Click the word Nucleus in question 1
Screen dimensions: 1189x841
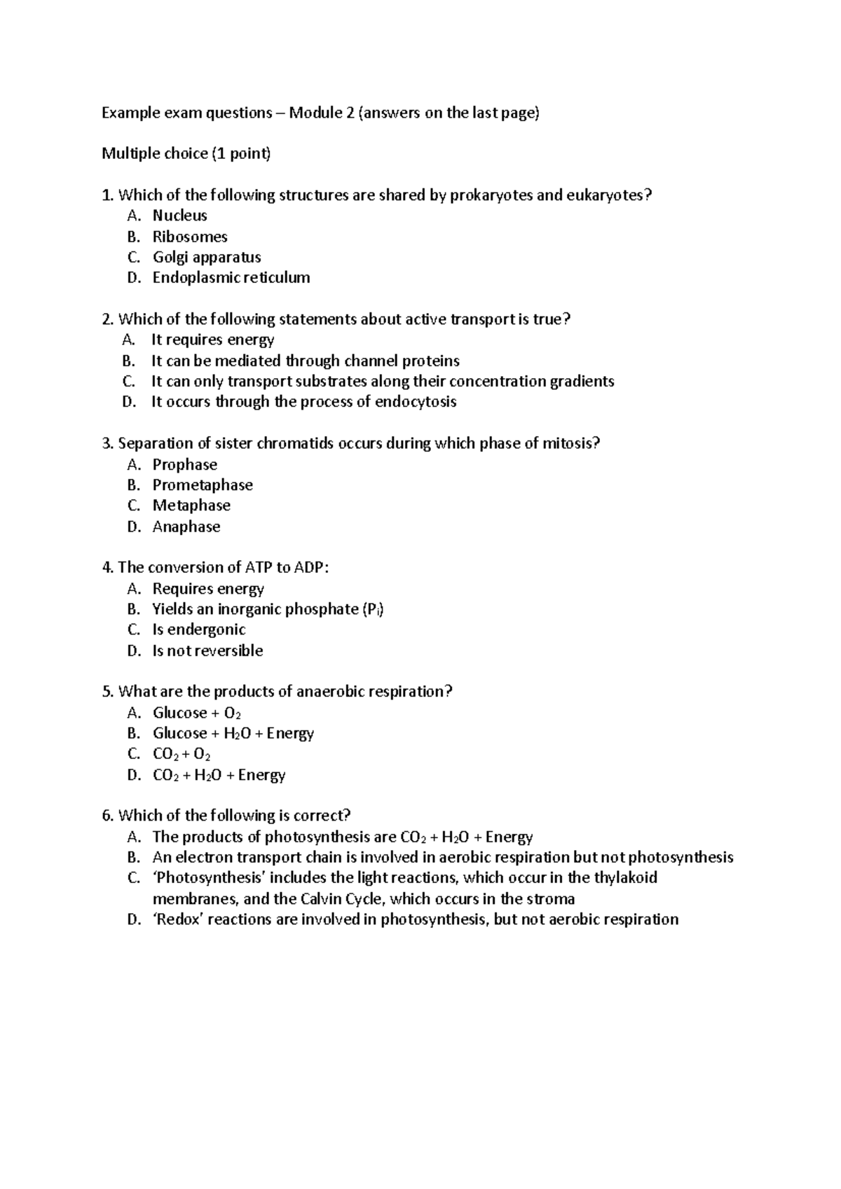180,216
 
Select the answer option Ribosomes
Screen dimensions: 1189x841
190,237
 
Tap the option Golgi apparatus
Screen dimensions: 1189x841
207,257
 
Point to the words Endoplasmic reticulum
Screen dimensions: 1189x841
231,277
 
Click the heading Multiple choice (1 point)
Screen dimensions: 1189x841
186,153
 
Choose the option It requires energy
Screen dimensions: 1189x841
212,340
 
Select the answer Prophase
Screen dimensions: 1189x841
185,464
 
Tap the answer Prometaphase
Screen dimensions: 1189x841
203,485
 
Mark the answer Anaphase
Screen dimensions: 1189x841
186,527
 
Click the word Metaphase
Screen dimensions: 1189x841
191,506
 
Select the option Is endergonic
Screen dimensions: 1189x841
199,630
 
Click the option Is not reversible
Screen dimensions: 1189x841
207,651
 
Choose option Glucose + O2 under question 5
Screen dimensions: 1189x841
197,713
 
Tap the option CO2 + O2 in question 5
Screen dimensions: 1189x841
182,754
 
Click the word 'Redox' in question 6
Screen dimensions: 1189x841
178,919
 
